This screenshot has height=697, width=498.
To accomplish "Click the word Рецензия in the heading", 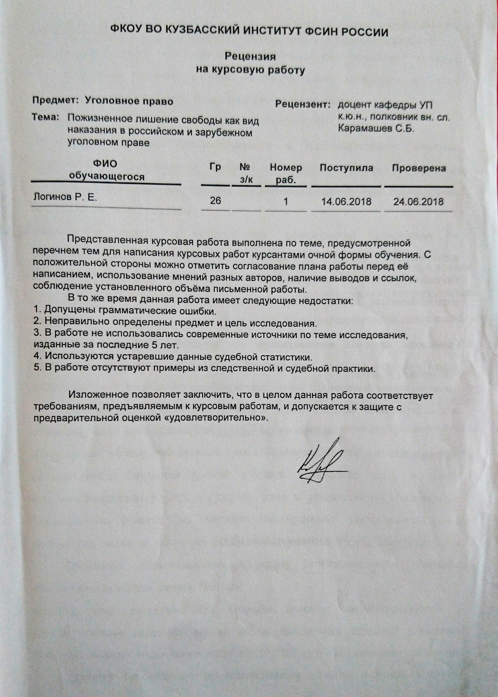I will coord(250,56).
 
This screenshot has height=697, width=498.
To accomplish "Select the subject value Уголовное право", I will coord(129,101).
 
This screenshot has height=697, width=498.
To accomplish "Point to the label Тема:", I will coord(45,117).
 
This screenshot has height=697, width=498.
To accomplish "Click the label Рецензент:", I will coord(303,105).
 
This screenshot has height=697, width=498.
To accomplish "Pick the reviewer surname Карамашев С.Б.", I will coord(376,129).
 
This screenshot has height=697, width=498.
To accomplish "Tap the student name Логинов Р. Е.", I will coord(65,197).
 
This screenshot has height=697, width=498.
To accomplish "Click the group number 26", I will coord(215,201).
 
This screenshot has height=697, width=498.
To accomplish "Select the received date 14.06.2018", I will coord(346,202).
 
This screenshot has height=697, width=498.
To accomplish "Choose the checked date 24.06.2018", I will coord(418,202).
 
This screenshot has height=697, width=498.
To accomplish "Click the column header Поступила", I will coord(346,168).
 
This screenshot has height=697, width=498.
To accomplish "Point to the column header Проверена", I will coord(419,168).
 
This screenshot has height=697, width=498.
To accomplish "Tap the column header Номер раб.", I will coord(286,173).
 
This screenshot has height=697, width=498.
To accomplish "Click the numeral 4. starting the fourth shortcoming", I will coord(38,356).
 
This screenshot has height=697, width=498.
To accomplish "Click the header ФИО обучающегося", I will coord(106,170).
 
